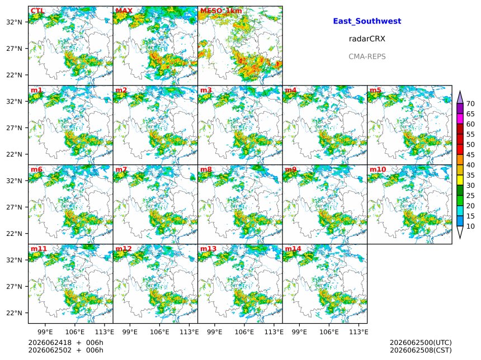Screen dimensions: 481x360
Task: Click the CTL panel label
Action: click(37, 11)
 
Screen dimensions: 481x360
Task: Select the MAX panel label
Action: click(124, 11)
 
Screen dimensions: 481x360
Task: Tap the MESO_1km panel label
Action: click(221, 11)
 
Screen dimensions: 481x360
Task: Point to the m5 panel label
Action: click(375, 90)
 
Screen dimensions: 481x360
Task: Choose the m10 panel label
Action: click(378, 169)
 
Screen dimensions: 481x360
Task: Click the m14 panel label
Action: click(293, 248)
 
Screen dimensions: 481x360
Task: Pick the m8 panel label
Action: click(206, 169)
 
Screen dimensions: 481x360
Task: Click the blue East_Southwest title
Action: click(367, 21)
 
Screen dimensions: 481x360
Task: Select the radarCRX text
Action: click(367, 39)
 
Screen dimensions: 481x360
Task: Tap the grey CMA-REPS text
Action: click(367, 56)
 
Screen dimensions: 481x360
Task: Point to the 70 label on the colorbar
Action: click(470, 103)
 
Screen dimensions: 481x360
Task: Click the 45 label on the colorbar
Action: click(470, 154)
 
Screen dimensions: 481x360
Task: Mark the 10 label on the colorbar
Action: click(470, 226)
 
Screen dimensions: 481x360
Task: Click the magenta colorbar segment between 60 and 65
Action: click(460, 119)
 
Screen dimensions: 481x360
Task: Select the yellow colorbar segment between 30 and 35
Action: click(460, 180)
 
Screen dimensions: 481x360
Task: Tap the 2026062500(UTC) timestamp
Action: click(421, 343)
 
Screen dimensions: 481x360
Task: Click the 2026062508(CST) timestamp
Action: click(421, 350)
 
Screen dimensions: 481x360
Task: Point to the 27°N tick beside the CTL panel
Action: click(15, 49)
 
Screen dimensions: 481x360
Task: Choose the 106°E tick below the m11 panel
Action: click(75, 332)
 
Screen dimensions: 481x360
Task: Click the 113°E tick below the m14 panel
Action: click(359, 332)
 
